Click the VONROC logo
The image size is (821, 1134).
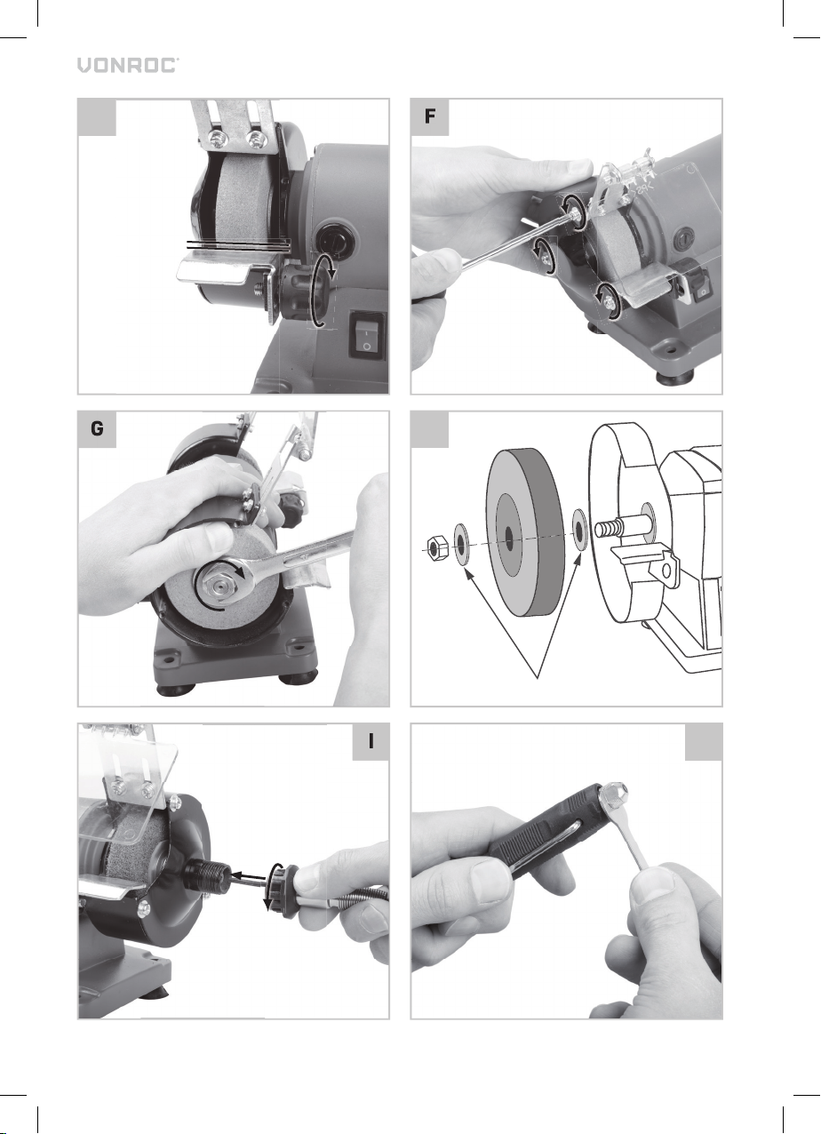click(128, 66)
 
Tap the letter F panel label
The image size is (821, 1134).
click(430, 117)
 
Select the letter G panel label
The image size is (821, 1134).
click(97, 429)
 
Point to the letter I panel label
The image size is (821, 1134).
click(371, 742)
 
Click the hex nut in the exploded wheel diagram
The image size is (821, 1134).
click(436, 548)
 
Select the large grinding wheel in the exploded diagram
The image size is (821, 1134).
click(525, 532)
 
